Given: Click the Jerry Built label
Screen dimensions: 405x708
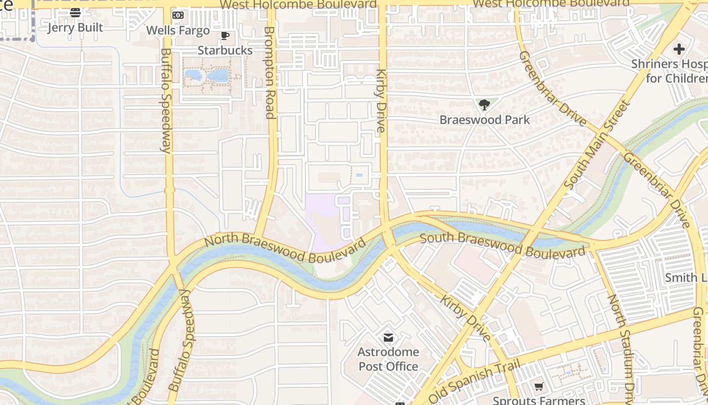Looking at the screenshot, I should click(x=75, y=28).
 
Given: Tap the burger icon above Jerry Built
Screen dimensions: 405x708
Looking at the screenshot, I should click(x=75, y=13).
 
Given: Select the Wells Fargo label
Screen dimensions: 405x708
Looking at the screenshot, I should click(x=178, y=30).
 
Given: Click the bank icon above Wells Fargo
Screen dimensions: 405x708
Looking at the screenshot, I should click(x=178, y=15).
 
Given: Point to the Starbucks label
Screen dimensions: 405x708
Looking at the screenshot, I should click(x=225, y=50).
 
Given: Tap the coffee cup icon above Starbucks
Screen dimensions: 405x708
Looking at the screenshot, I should click(x=225, y=35).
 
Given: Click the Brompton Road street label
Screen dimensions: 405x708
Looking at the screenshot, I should click(x=270, y=72).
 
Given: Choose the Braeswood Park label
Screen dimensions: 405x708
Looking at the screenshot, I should click(x=484, y=120).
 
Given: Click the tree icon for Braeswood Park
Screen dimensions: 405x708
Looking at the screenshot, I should click(x=484, y=105).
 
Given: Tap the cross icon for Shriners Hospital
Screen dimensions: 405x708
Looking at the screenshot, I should click(x=679, y=49).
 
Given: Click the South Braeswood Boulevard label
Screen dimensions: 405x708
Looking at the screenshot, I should click(x=503, y=245).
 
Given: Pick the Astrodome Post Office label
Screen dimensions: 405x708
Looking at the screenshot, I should click(x=388, y=359).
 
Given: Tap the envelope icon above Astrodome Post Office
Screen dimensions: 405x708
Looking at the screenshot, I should click(x=388, y=337).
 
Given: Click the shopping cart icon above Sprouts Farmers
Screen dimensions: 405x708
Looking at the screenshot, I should click(x=539, y=387).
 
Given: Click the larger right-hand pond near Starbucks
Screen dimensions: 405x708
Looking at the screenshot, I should click(x=218, y=76).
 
